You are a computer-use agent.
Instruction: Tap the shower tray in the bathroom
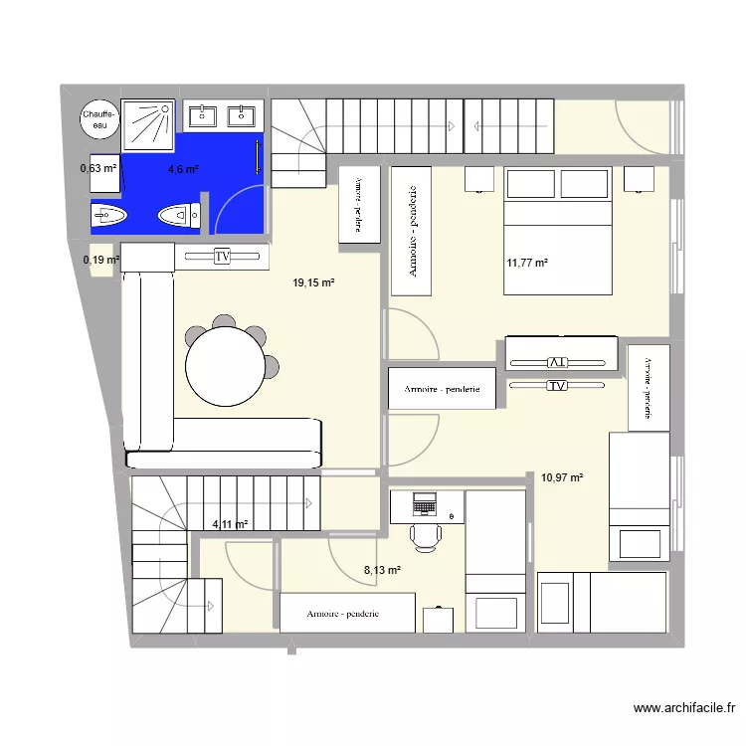click(x=147, y=125)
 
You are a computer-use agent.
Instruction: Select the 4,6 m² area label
click(x=183, y=169)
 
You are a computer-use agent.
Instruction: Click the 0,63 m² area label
click(x=99, y=168)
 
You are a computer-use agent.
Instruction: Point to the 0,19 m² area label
click(x=101, y=261)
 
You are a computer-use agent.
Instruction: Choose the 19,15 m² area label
click(x=313, y=283)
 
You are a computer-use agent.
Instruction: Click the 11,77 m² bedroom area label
click(x=527, y=264)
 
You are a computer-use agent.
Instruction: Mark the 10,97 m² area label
click(x=562, y=477)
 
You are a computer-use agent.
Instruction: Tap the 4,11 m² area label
click(x=230, y=524)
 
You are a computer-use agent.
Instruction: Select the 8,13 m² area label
click(x=383, y=570)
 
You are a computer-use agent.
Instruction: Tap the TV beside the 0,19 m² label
click(x=223, y=257)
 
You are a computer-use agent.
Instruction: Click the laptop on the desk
click(x=425, y=505)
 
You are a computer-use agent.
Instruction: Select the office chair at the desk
click(x=426, y=536)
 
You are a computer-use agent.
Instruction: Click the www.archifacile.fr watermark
click(x=683, y=709)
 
